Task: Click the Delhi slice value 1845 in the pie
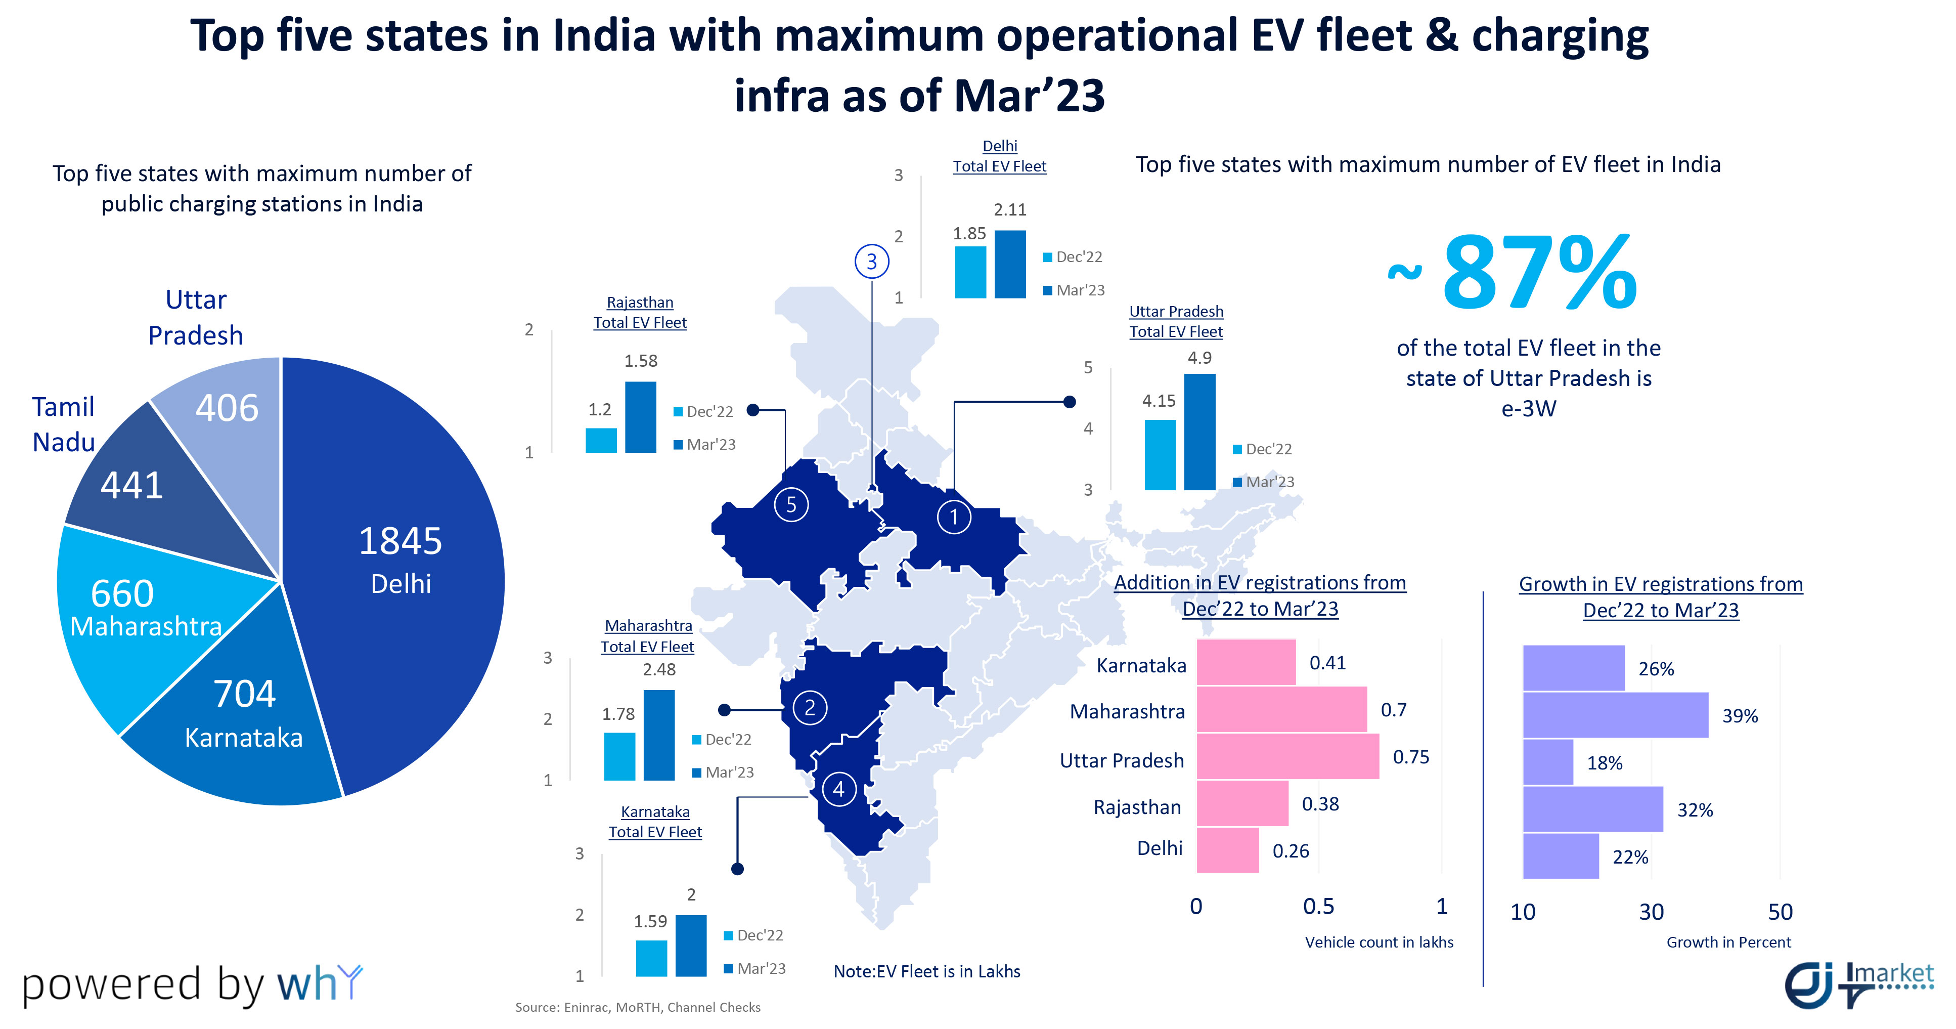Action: point(400,541)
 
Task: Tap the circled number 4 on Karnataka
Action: point(838,789)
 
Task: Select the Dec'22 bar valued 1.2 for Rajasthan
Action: point(601,441)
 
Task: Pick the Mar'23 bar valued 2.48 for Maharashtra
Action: point(658,735)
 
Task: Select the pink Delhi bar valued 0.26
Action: point(1227,850)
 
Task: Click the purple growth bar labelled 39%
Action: point(1615,715)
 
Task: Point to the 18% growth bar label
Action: point(1605,763)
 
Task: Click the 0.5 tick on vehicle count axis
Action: point(1318,907)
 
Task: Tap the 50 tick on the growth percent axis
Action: point(1780,912)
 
